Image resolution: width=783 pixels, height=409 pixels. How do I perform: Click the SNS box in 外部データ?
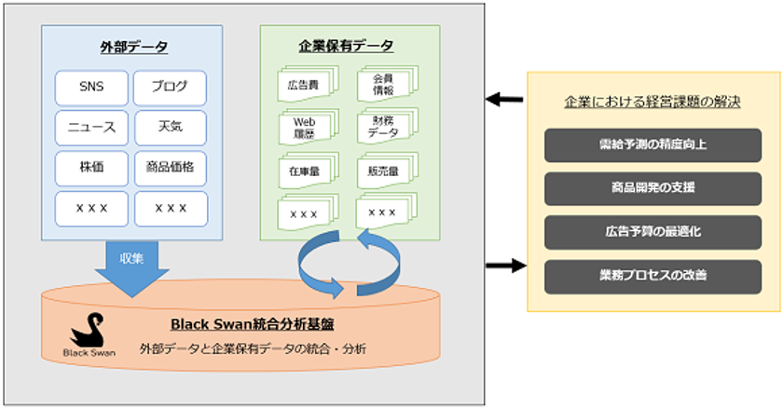91,88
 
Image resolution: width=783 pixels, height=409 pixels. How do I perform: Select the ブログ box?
171,88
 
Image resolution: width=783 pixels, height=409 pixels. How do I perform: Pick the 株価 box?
91,168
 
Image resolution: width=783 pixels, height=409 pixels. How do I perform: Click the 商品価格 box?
171,168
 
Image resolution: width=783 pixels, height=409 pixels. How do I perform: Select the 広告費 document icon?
305,87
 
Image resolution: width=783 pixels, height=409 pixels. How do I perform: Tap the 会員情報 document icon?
383,86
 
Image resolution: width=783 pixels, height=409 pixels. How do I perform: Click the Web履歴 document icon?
305,128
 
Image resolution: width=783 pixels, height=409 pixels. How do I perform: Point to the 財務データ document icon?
383,127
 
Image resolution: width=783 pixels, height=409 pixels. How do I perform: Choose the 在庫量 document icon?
305,170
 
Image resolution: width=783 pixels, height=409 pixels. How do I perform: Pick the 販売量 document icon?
383,170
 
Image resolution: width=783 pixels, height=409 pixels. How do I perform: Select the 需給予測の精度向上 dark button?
652,145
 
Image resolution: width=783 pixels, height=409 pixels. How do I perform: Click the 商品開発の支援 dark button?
652,188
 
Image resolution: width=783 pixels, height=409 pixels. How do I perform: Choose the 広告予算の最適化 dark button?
652,231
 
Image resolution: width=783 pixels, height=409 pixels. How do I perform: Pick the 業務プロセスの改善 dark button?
652,275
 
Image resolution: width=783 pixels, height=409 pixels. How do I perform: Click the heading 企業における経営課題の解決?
652,102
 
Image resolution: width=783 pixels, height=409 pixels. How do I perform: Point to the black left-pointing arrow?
504,99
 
